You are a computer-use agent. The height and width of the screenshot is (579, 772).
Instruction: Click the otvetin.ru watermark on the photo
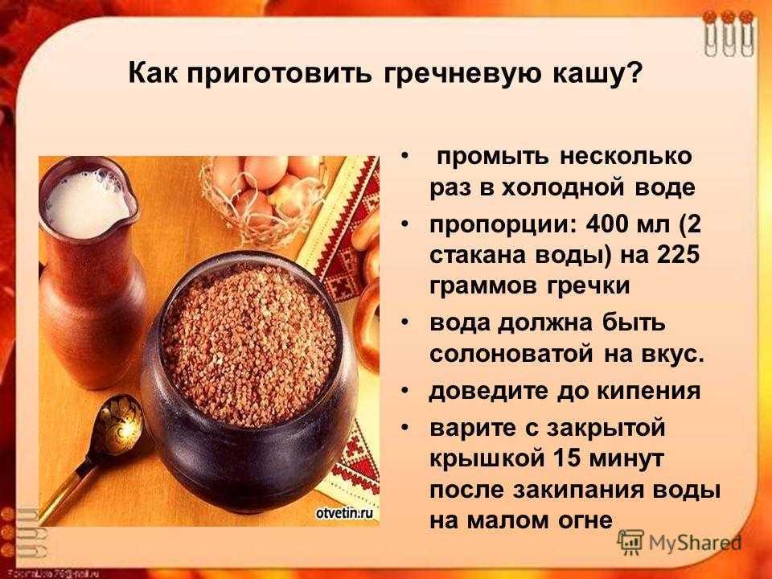[x=344, y=514]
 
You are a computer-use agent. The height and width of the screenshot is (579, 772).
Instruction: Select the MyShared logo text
[x=695, y=543]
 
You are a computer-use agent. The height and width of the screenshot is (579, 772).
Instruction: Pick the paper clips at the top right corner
[x=729, y=33]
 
